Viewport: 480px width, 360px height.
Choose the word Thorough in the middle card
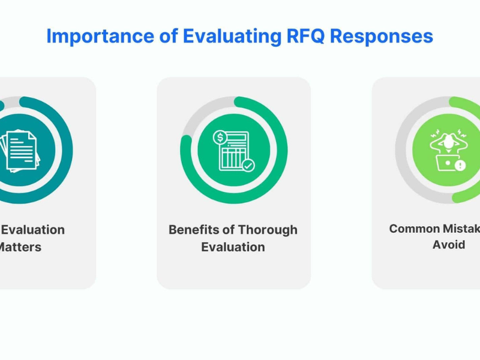268,230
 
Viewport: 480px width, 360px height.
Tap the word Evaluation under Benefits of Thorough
233,247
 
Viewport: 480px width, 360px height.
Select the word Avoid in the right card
449,245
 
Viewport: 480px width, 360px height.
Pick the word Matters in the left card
20,247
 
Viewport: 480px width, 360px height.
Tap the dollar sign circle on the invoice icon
220,138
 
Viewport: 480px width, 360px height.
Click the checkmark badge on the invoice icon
248,164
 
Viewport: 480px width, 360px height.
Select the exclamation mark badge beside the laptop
460,164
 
